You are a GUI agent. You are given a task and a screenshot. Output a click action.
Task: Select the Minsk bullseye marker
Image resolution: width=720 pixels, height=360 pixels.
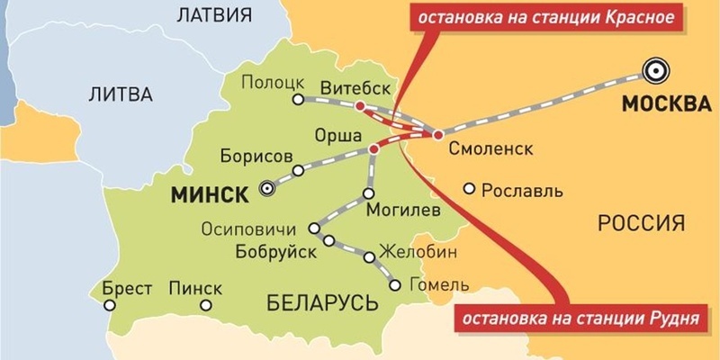point(265,188)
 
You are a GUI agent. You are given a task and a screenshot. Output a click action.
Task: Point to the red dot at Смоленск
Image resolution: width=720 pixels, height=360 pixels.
point(437,135)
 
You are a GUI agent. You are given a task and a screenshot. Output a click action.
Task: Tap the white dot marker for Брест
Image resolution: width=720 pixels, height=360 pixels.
point(110,306)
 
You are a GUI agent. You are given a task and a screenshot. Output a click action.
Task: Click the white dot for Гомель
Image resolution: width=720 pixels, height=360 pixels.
point(395,285)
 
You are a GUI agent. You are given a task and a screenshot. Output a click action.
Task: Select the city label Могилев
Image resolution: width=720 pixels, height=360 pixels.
point(404,211)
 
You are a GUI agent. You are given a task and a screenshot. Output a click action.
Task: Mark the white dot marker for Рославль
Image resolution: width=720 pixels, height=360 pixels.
point(469,189)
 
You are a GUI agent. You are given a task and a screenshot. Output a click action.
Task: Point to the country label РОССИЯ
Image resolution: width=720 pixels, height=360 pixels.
point(643,222)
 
